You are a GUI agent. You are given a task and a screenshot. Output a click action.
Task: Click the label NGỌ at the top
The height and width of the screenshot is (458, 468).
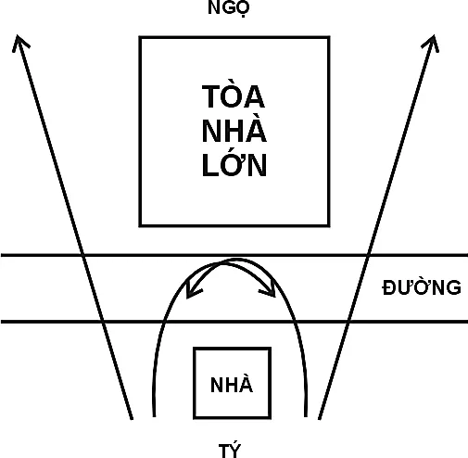(x=228, y=8)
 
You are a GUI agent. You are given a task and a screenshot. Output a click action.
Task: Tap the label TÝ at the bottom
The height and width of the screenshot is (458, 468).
(x=230, y=451)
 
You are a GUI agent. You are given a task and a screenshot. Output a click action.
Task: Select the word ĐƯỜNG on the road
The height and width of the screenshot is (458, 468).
(x=422, y=287)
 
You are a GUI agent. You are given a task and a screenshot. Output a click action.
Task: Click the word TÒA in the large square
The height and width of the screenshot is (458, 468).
(x=234, y=96)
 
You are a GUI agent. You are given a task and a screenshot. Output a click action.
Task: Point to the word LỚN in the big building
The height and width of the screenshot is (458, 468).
(x=234, y=164)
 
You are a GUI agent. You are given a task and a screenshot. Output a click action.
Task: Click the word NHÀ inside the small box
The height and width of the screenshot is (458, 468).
(x=232, y=384)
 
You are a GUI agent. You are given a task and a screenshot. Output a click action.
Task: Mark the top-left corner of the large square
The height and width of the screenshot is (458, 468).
(x=140, y=37)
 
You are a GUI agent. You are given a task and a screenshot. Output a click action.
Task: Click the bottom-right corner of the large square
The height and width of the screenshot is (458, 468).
(x=329, y=225)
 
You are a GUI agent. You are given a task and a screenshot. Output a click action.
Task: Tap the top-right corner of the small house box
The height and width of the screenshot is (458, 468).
(x=271, y=349)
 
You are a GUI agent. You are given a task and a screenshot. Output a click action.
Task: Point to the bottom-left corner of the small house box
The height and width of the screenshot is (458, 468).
(x=195, y=418)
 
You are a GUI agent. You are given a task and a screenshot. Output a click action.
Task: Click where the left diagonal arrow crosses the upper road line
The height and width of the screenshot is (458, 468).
(x=82, y=255)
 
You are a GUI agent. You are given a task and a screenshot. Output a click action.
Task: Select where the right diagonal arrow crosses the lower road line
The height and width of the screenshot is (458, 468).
(x=348, y=322)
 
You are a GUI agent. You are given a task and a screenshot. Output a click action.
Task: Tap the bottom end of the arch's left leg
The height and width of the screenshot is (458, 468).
(x=154, y=416)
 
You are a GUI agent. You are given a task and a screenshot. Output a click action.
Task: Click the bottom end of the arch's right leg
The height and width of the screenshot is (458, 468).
(x=306, y=416)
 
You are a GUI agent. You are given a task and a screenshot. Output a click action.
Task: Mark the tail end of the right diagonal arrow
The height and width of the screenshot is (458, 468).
(x=320, y=419)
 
